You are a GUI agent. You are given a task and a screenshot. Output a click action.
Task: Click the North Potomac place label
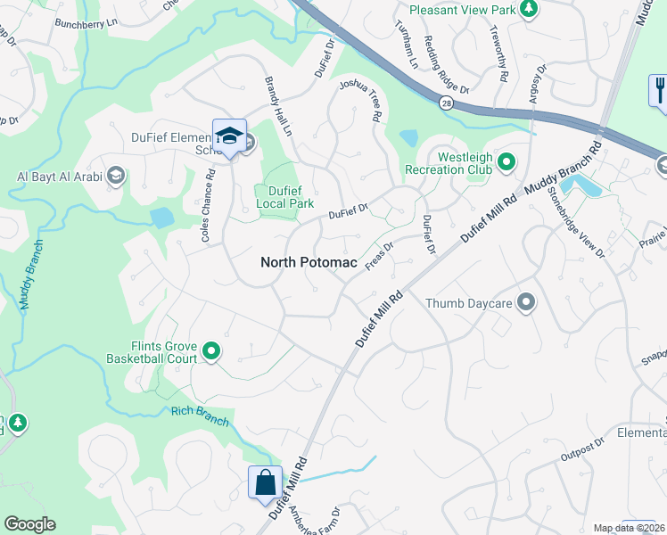[x=309, y=262]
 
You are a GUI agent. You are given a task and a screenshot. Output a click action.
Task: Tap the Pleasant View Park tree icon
[x=529, y=9]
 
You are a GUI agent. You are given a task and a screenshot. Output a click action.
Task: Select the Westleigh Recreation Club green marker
[x=506, y=161]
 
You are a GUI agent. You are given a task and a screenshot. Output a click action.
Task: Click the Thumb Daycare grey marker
[x=526, y=303]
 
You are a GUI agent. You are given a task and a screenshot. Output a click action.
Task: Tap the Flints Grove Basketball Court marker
[x=211, y=352]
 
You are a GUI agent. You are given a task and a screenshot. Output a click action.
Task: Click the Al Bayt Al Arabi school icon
[x=115, y=175]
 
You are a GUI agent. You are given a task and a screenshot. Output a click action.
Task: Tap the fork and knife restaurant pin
[x=660, y=92]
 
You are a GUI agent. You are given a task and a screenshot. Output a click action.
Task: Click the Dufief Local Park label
[x=284, y=196]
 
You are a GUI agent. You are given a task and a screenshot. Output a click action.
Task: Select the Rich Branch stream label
[x=200, y=416]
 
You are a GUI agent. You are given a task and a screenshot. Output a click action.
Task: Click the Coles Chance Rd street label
[x=208, y=213]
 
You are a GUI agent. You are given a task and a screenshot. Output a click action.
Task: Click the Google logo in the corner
[x=29, y=524]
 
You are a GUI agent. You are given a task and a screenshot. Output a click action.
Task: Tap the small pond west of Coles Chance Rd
[x=161, y=218]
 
